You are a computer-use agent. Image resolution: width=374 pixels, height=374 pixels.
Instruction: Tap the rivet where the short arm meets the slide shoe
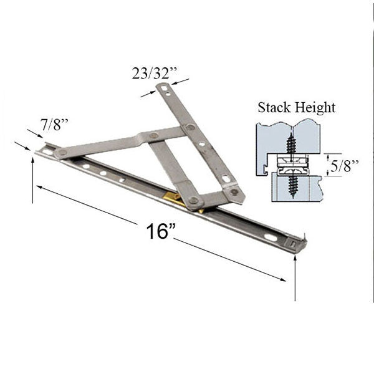[x=194, y=200]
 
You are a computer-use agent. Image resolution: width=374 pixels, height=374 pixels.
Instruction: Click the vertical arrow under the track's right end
[x=294, y=274]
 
